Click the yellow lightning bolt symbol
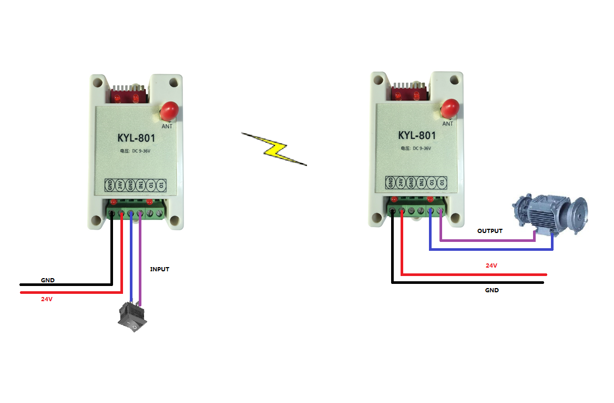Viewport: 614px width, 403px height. (274, 149)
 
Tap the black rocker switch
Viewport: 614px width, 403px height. (132, 317)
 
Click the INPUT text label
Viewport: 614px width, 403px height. (160, 269)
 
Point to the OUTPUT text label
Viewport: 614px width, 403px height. (489, 231)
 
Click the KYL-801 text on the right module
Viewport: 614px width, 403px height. (417, 135)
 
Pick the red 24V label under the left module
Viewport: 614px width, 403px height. (47, 299)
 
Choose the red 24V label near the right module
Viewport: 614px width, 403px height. (491, 266)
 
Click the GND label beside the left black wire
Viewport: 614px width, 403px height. (47, 280)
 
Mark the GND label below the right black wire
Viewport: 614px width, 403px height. (492, 290)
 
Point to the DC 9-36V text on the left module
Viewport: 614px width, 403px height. (138, 152)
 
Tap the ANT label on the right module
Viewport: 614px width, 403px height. (447, 124)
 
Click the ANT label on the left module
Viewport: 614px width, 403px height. (167, 126)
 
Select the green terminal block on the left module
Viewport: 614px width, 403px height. (138, 212)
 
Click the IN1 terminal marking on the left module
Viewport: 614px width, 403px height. (140, 185)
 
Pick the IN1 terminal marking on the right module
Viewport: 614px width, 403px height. (421, 182)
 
